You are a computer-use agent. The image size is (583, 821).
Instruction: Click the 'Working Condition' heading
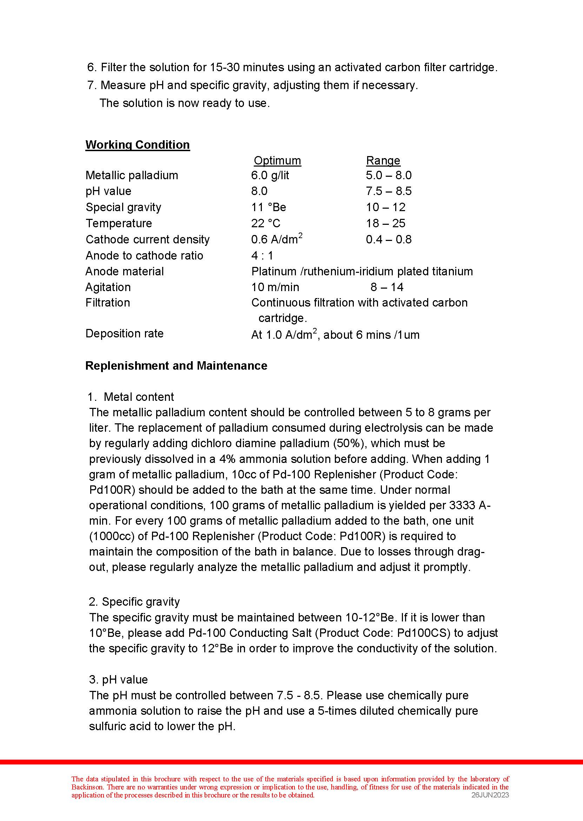(138, 144)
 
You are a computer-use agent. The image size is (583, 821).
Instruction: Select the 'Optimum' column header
(277, 160)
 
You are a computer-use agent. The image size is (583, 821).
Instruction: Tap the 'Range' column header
(383, 160)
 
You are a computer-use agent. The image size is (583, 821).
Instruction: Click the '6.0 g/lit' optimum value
(270, 175)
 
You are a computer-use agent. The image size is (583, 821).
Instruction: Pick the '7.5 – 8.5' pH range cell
(389, 191)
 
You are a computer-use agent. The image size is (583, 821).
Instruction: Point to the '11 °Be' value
(269, 207)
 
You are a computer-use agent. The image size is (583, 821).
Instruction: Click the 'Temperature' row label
(119, 223)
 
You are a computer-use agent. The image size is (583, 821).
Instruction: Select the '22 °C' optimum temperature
(266, 223)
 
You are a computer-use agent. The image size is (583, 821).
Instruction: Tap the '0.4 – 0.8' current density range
(389, 239)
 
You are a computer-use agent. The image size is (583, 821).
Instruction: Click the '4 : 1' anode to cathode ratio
(262, 255)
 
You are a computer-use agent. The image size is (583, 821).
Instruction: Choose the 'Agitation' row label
(108, 287)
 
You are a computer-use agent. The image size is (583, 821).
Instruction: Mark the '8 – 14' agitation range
(387, 287)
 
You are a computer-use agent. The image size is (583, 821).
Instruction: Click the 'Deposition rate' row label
(124, 334)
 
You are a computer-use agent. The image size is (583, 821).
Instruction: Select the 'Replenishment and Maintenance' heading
(176, 365)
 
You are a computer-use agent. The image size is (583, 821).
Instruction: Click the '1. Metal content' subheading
(131, 397)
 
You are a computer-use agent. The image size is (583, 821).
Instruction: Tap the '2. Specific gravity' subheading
(134, 601)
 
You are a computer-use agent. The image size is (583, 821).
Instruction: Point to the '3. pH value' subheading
(119, 679)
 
